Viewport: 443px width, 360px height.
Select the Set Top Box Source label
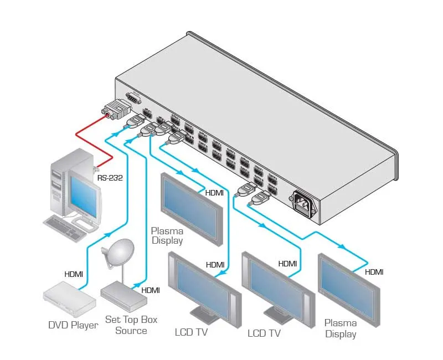131,325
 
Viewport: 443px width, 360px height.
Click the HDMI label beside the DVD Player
74,274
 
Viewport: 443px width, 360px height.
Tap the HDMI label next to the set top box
151,290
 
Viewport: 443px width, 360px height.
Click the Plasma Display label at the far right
340,328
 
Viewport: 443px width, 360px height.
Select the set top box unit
123,293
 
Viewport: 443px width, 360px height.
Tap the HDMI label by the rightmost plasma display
374,272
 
